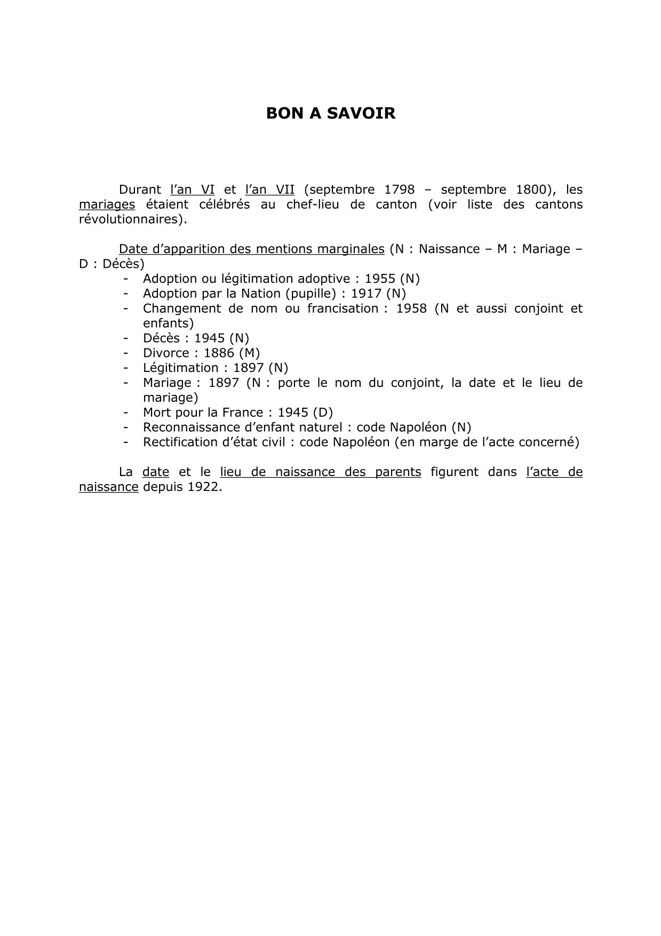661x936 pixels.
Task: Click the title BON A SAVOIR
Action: [331, 114]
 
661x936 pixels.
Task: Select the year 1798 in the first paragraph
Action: [400, 189]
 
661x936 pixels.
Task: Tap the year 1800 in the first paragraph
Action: [531, 189]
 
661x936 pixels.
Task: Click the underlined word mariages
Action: [107, 204]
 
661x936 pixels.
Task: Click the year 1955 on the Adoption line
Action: [380, 279]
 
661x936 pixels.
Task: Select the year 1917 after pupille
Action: [366, 294]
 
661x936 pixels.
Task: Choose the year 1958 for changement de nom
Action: [411, 308]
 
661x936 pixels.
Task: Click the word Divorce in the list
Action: [166, 353]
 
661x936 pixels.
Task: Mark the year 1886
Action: [219, 353]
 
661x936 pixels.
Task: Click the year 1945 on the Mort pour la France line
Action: [293, 413]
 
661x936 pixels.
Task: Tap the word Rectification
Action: [179, 442]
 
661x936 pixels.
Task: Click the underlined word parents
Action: [397, 472]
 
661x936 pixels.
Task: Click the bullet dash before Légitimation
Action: [126, 368]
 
